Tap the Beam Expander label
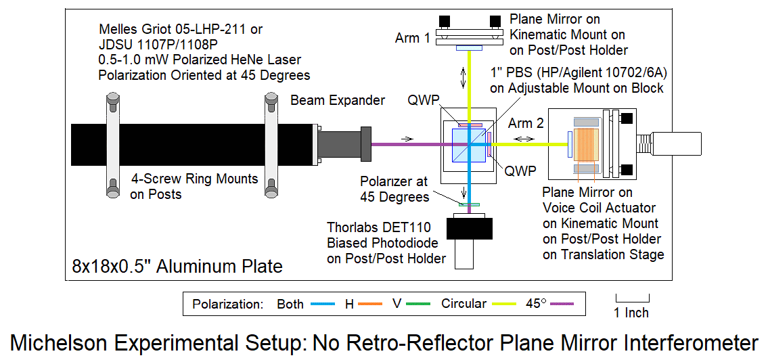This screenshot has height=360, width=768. tap(338, 101)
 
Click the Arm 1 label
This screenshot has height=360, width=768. tap(413, 38)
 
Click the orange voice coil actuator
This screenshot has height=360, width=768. tap(584, 143)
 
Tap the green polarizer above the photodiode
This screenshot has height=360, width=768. tap(469, 204)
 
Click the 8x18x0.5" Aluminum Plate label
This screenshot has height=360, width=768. tap(177, 266)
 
